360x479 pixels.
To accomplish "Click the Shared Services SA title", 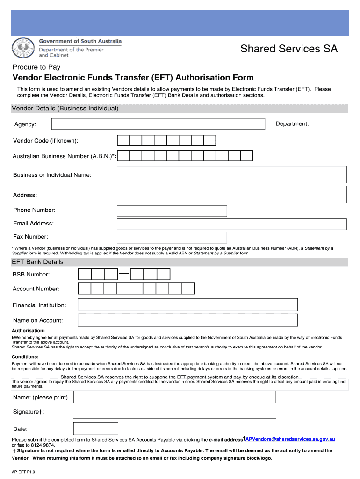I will [x=288, y=49].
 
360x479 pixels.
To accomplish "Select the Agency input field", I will [x=158, y=123].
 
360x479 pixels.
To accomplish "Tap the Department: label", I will [x=292, y=123].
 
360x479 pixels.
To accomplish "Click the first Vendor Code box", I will [x=123, y=141].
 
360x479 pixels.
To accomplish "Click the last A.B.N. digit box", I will [x=246, y=156].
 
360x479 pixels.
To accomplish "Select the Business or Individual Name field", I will [x=231, y=174].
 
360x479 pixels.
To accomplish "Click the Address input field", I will [x=231, y=195].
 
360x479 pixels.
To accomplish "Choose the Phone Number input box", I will [x=172, y=210].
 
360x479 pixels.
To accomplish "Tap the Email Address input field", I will [x=231, y=224].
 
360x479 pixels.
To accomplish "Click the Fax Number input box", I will [x=172, y=238].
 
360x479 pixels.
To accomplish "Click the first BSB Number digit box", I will [x=84, y=274].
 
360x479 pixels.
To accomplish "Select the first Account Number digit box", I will [x=84, y=289].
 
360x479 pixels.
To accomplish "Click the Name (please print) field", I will [x=175, y=397].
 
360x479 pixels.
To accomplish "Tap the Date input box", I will [x=96, y=428].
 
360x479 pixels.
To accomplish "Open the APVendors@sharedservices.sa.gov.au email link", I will [x=290, y=439].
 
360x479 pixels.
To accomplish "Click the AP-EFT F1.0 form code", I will [x=23, y=472].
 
